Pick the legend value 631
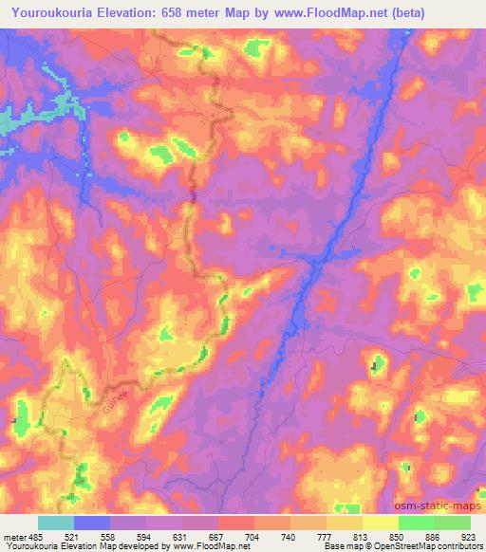coord(181,538)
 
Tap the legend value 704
coord(253,538)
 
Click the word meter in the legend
coord(14,538)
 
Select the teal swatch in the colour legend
coord(56,523)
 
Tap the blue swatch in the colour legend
coord(92,523)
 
